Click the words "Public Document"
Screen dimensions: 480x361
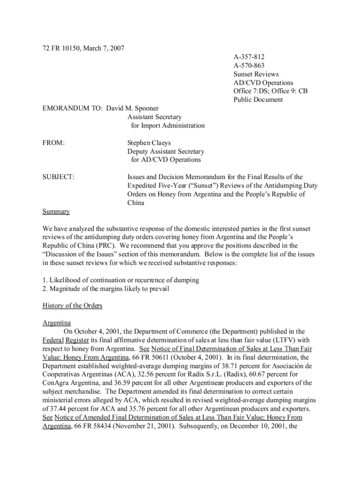[x=258, y=99]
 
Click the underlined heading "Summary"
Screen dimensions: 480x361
[x=56, y=211]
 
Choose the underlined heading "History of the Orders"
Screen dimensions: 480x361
[x=72, y=306]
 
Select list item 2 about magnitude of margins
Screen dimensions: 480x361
[x=105, y=289]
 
